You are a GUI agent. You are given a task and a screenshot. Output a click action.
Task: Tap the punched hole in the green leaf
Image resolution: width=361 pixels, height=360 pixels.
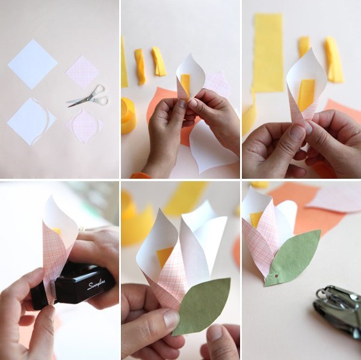276,276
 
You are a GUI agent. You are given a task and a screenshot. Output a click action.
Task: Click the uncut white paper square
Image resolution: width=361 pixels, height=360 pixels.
32,64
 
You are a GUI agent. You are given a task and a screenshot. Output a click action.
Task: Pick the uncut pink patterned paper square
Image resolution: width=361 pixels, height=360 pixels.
82,72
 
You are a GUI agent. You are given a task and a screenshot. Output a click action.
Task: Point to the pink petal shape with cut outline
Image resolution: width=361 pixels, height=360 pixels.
84,126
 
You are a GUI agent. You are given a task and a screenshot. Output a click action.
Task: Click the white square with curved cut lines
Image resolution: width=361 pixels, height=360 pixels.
31,121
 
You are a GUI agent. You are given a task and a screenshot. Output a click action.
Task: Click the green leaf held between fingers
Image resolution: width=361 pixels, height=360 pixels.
203,306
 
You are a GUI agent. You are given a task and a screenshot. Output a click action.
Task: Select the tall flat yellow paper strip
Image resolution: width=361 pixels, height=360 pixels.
268,52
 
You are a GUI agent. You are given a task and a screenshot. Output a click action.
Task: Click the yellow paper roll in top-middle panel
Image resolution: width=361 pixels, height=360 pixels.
129,115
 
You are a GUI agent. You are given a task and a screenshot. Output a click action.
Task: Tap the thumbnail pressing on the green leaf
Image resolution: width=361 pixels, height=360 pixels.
171,319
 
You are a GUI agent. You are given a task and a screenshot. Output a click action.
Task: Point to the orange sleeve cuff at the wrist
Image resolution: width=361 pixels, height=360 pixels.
141,176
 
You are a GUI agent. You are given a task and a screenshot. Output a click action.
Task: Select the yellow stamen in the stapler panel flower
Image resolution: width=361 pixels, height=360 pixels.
57,231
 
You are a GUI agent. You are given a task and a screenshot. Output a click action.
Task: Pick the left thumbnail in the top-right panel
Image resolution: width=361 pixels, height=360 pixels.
298,132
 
